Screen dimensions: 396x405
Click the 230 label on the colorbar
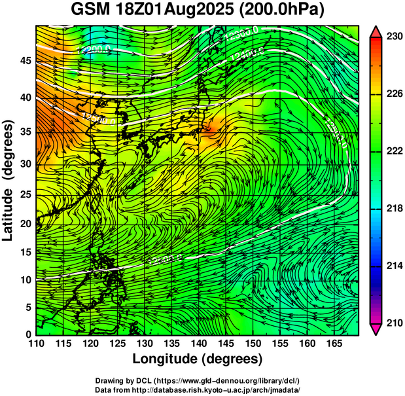pos(394,37)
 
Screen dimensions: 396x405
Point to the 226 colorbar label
pos(394,94)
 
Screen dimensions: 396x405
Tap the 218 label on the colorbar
pos(394,209)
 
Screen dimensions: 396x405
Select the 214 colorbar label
pos(394,266)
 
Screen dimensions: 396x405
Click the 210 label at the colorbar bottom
pos(394,323)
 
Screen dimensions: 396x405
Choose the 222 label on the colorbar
pos(394,151)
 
